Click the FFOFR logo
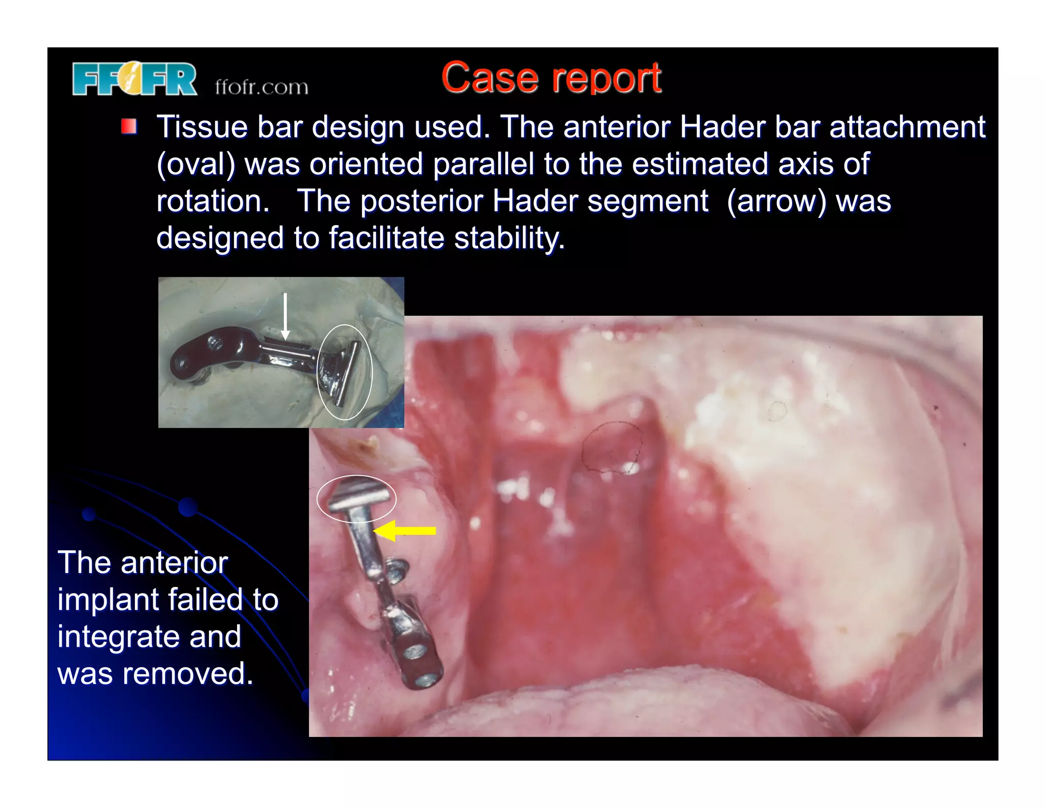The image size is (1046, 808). click(x=134, y=79)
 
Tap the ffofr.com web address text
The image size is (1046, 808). click(x=261, y=87)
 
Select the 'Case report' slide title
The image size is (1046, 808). click(x=551, y=78)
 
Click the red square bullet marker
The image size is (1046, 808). click(x=129, y=126)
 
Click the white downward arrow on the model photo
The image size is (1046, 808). click(x=286, y=317)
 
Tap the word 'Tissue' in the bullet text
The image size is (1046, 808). click(x=202, y=127)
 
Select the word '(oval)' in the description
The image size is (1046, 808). click(x=196, y=164)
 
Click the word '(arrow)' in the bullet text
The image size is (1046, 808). click(x=776, y=201)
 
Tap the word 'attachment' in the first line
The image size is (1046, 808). click(x=907, y=127)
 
